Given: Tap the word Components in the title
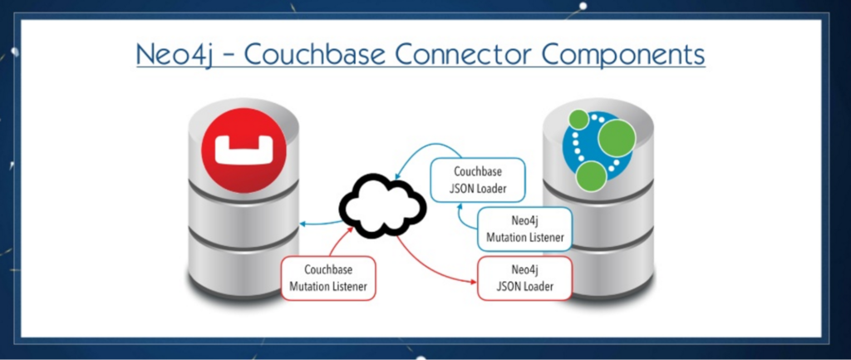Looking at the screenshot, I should pos(629,55).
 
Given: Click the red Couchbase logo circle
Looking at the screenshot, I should pos(243,150).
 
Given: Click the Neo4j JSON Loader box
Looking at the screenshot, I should pos(525,278).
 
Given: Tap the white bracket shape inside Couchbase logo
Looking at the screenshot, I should pos(243,150).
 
